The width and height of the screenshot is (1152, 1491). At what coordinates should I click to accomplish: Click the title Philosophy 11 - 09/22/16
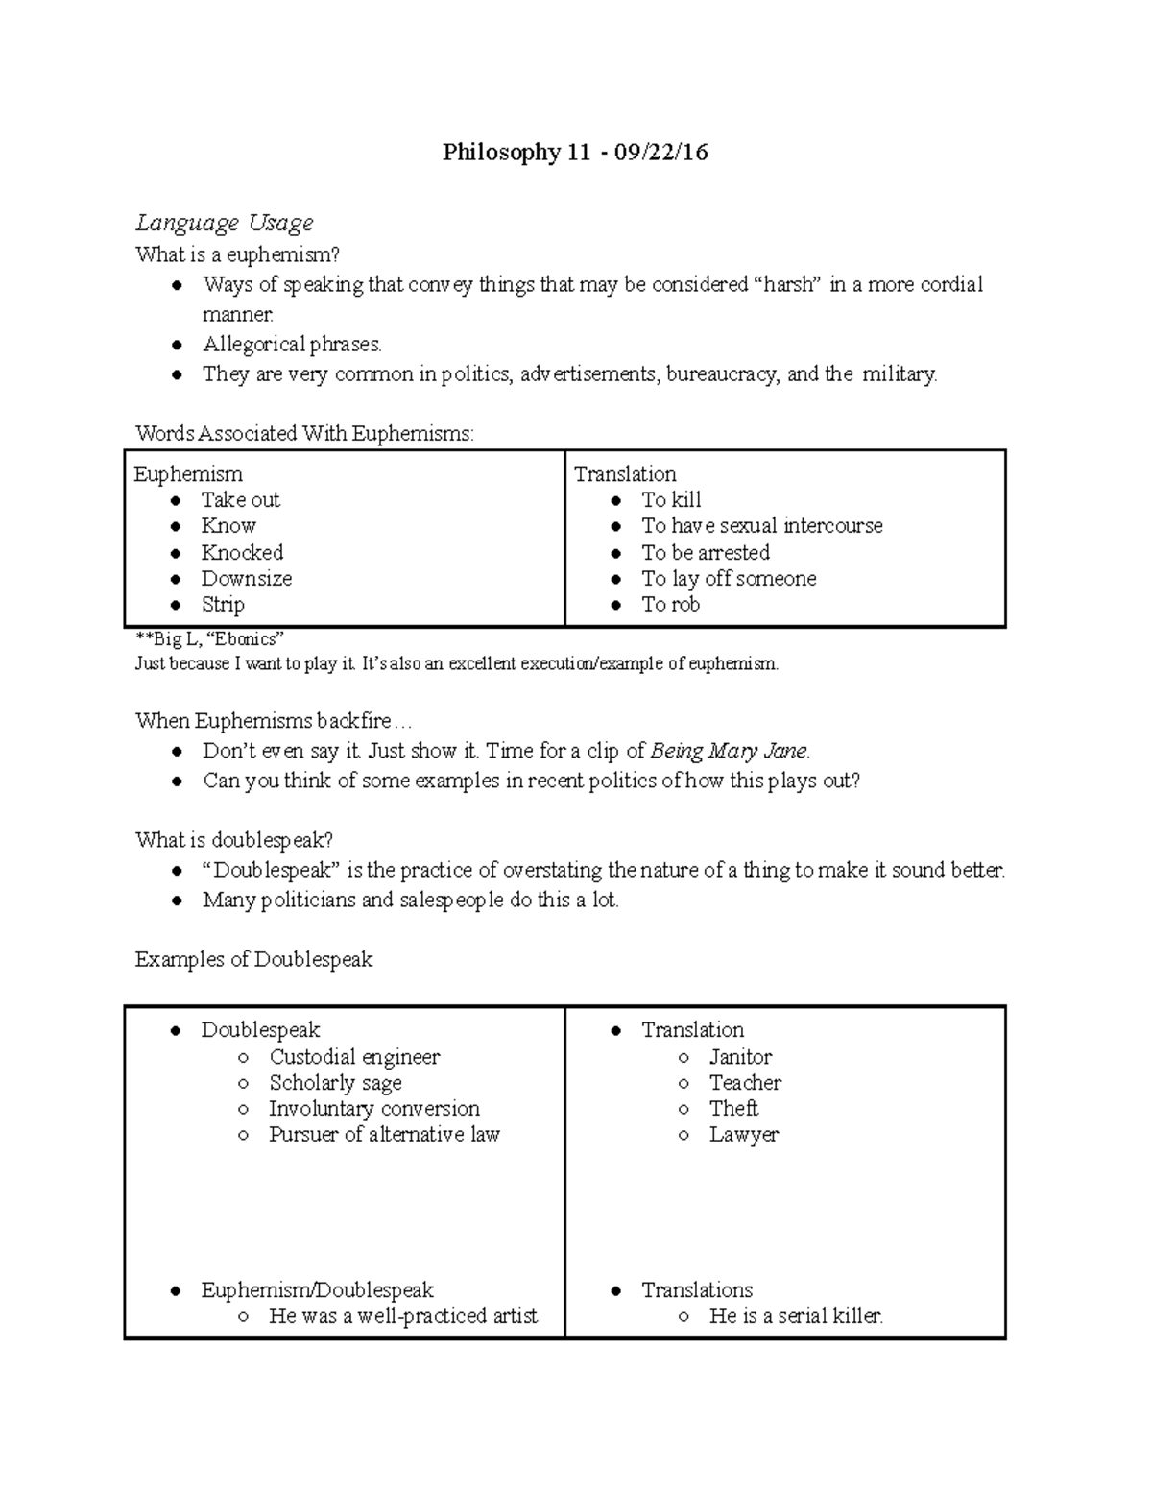coord(574,153)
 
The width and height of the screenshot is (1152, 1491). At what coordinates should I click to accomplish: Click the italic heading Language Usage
coord(225,224)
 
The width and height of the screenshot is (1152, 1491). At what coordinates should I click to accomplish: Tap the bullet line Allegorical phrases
coord(292,345)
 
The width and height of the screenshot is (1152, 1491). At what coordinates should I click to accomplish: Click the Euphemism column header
coord(188,474)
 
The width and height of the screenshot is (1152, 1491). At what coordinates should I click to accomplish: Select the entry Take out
coord(240,500)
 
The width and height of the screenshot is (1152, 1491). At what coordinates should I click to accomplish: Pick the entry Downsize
coord(246,579)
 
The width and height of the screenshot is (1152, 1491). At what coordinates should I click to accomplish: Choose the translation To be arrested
coord(706,553)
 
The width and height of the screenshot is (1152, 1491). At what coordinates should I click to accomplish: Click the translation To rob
coord(670,605)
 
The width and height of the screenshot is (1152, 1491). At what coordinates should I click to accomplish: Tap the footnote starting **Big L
coord(209,639)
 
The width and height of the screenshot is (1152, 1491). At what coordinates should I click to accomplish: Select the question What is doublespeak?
coord(234,841)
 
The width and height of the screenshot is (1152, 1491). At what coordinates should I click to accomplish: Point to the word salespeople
coord(451,901)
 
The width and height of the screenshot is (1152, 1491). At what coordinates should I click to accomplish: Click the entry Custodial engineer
coord(354,1057)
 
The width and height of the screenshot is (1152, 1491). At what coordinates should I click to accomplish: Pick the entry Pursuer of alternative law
coord(384,1135)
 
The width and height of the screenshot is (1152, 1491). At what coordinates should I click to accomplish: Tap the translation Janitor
coord(740,1057)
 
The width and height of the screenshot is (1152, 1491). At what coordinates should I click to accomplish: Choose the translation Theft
coord(733,1109)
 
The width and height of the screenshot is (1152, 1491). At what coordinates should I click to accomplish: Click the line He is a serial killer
coord(796,1316)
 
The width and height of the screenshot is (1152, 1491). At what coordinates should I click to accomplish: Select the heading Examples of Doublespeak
coord(253,960)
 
